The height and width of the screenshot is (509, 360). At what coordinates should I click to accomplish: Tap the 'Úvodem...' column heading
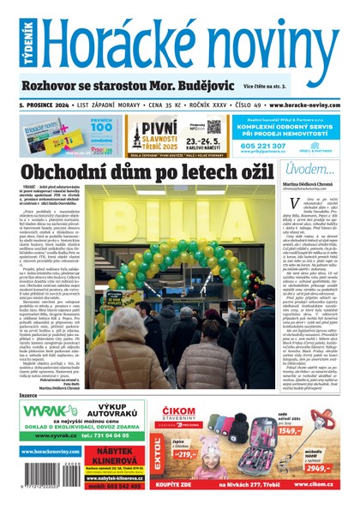(309, 169)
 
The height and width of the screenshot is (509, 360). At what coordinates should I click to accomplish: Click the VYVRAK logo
(48, 412)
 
